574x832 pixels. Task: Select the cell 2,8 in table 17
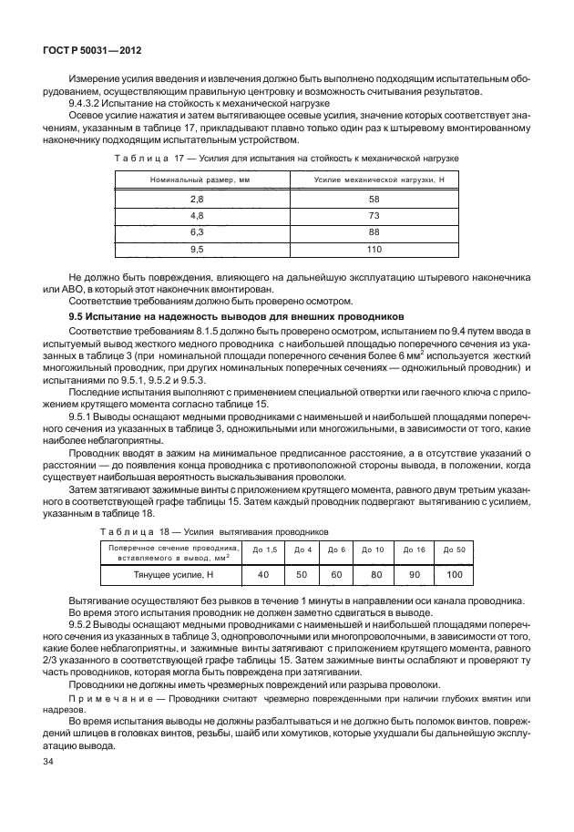197,198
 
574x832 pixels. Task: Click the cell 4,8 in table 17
197,215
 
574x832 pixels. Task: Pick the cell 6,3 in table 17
197,231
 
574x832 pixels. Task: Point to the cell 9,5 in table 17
197,248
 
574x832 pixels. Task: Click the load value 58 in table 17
373,198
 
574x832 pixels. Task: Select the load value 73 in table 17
373,215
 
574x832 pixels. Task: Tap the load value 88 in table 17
373,231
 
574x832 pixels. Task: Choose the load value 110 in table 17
373,248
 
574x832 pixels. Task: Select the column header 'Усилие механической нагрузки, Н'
373,180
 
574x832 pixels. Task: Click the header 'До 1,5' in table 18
263,550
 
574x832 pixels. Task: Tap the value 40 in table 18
263,575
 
